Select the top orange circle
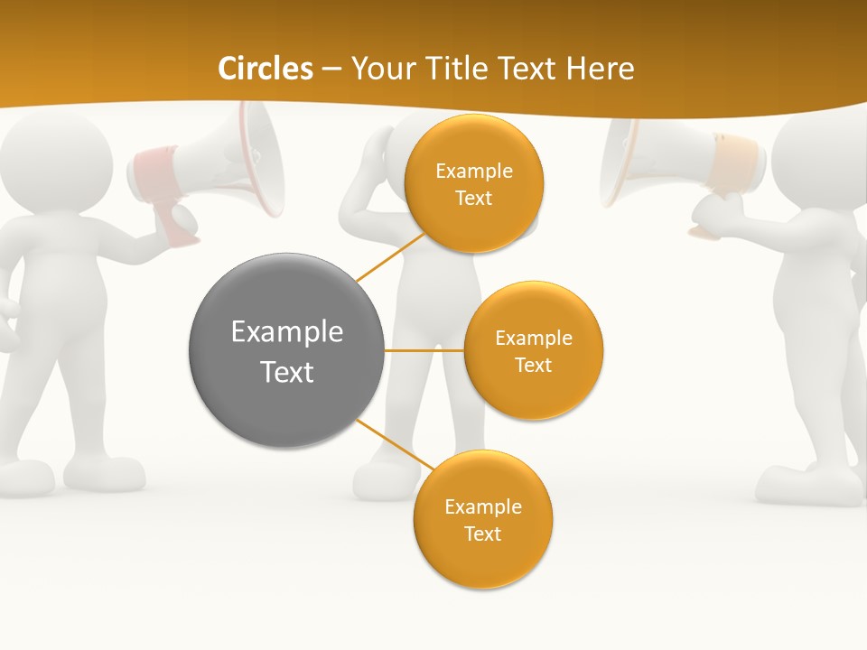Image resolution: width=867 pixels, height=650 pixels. point(473,183)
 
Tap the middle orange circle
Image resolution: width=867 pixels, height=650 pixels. point(533,350)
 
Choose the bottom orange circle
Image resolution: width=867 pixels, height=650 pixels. point(482,519)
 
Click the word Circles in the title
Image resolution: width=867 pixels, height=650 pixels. point(266,69)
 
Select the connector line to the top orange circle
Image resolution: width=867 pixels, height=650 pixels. point(390,256)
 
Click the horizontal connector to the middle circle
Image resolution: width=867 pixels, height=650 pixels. point(424,350)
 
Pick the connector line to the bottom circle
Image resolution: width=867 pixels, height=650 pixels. point(396,444)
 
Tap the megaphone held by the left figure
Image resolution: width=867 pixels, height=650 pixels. point(226,162)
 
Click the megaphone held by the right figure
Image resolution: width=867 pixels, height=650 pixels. point(659,162)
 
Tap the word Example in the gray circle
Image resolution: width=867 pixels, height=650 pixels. point(286,332)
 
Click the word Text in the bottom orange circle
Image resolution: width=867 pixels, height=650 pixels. point(482,534)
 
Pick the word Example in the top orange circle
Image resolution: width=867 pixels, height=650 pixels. point(473,171)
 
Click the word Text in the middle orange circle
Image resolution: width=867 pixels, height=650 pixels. point(533,365)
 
